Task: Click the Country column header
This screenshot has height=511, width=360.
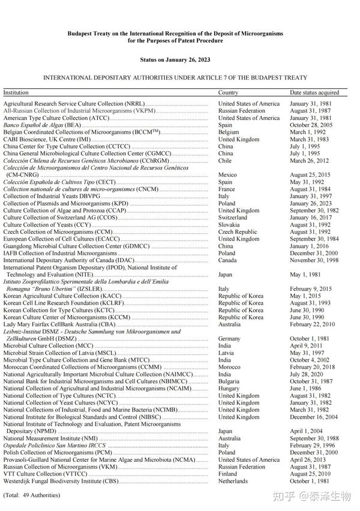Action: (228, 93)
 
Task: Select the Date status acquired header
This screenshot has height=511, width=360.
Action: (314, 93)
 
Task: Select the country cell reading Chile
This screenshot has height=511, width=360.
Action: (224, 161)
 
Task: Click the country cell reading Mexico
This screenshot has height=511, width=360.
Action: (227, 175)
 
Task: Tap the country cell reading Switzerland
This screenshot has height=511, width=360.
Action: (232, 218)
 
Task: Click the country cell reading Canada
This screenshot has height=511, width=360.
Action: (227, 260)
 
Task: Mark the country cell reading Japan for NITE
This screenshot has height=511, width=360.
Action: (225, 275)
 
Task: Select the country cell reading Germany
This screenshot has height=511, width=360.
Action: (229, 339)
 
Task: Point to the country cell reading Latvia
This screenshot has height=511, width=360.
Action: (226, 353)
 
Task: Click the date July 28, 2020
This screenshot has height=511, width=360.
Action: (307, 374)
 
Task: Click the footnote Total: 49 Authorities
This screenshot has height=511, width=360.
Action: (32, 495)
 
